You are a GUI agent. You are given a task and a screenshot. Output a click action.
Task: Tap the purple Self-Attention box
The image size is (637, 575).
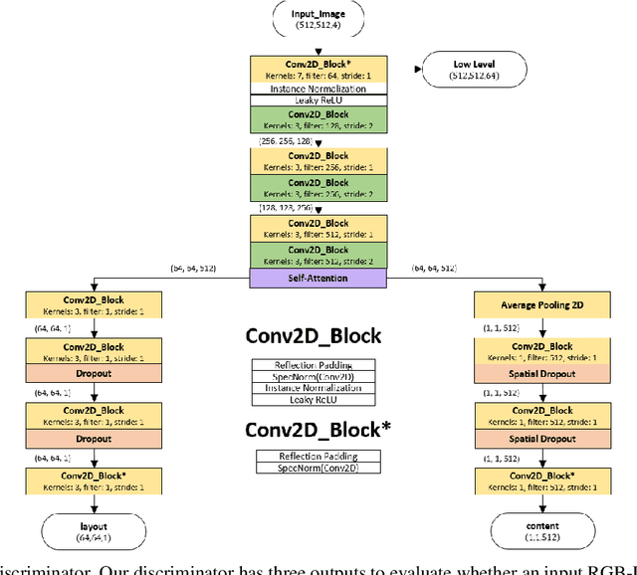(x=318, y=278)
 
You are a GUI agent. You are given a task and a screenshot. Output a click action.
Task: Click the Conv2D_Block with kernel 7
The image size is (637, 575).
(x=318, y=69)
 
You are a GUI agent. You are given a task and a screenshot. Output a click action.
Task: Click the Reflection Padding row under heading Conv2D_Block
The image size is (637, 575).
(x=314, y=364)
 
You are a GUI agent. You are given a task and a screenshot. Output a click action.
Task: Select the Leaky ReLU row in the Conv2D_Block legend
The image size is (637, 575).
(x=314, y=400)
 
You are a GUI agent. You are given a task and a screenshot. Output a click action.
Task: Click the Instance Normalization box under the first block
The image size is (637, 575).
(x=318, y=89)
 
